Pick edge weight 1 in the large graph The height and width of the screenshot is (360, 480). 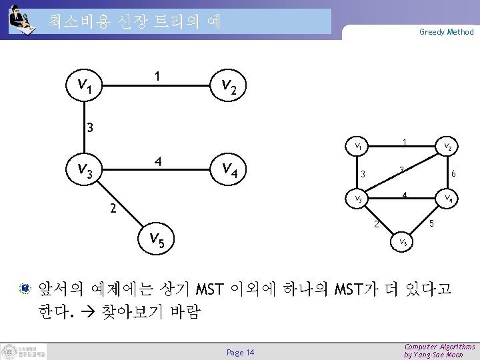(157, 77)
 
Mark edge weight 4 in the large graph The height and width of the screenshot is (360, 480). (157, 161)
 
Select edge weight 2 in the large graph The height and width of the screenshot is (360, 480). (114, 209)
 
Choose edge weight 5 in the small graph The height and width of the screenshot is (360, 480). (431, 223)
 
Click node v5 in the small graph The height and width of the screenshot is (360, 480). (405, 243)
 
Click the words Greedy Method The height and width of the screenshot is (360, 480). (446, 31)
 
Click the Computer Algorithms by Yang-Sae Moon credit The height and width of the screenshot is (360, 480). (439, 351)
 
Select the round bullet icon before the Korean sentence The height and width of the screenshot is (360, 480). (24, 289)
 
